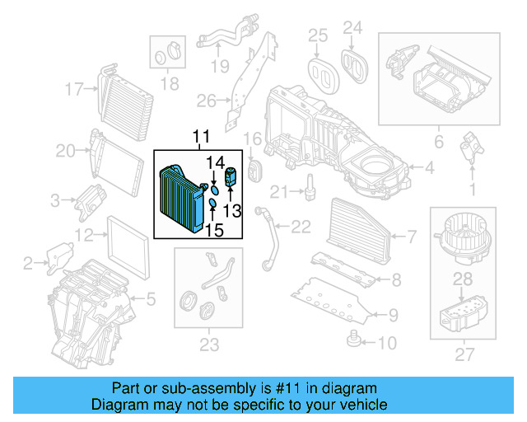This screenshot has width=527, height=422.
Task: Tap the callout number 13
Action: pos(232,211)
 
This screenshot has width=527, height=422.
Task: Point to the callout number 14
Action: pos(214,162)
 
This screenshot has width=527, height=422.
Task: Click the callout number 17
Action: pos(75,88)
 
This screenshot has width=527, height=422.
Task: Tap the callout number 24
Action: pos(352,29)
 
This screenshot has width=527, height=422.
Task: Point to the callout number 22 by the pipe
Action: pos(301,227)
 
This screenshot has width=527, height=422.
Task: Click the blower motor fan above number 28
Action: pos(464,233)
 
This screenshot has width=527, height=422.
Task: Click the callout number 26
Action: pos(206,101)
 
